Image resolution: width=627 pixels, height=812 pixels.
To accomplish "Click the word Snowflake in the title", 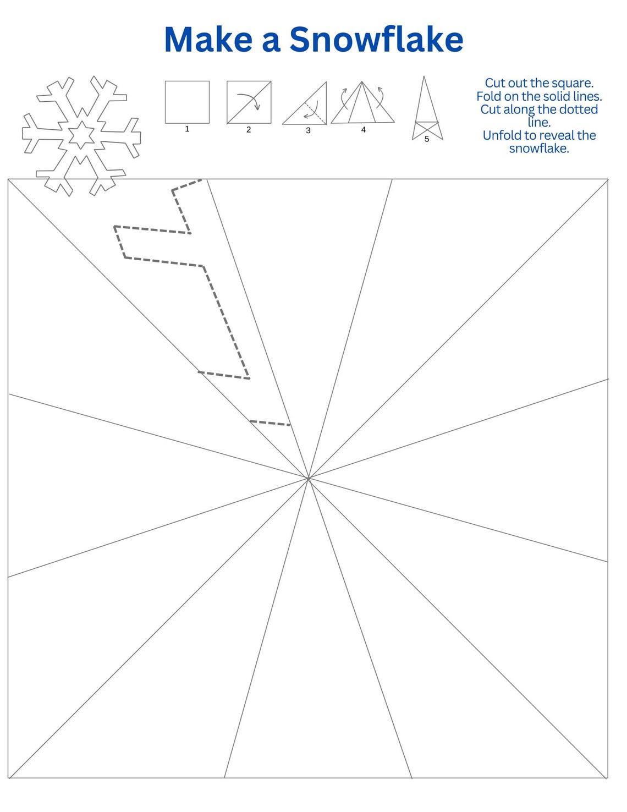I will pyautogui.click(x=376, y=40).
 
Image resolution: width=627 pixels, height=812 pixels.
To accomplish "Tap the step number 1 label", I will pyautogui.click(x=187, y=129).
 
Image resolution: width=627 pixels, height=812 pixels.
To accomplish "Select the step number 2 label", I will pyautogui.click(x=249, y=130).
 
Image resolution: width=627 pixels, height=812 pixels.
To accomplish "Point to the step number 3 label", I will pyautogui.click(x=308, y=130).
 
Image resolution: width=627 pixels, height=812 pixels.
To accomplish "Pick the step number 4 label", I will pyautogui.click(x=363, y=130).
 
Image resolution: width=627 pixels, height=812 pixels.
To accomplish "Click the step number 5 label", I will pyautogui.click(x=427, y=139).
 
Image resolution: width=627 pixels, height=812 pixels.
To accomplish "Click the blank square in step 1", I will pyautogui.click(x=187, y=102).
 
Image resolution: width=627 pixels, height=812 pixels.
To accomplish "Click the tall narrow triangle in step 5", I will pyautogui.click(x=425, y=105).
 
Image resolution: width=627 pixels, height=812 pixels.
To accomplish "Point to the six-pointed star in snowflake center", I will pyautogui.click(x=81, y=135).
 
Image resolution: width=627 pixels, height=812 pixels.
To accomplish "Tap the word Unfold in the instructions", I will pyautogui.click(x=501, y=135).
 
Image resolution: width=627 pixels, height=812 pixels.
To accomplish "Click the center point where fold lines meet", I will pyautogui.click(x=308, y=479).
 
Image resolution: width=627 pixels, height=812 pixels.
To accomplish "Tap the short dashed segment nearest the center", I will pyautogui.click(x=270, y=423).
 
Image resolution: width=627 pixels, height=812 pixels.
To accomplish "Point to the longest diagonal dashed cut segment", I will pyautogui.click(x=226, y=322).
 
